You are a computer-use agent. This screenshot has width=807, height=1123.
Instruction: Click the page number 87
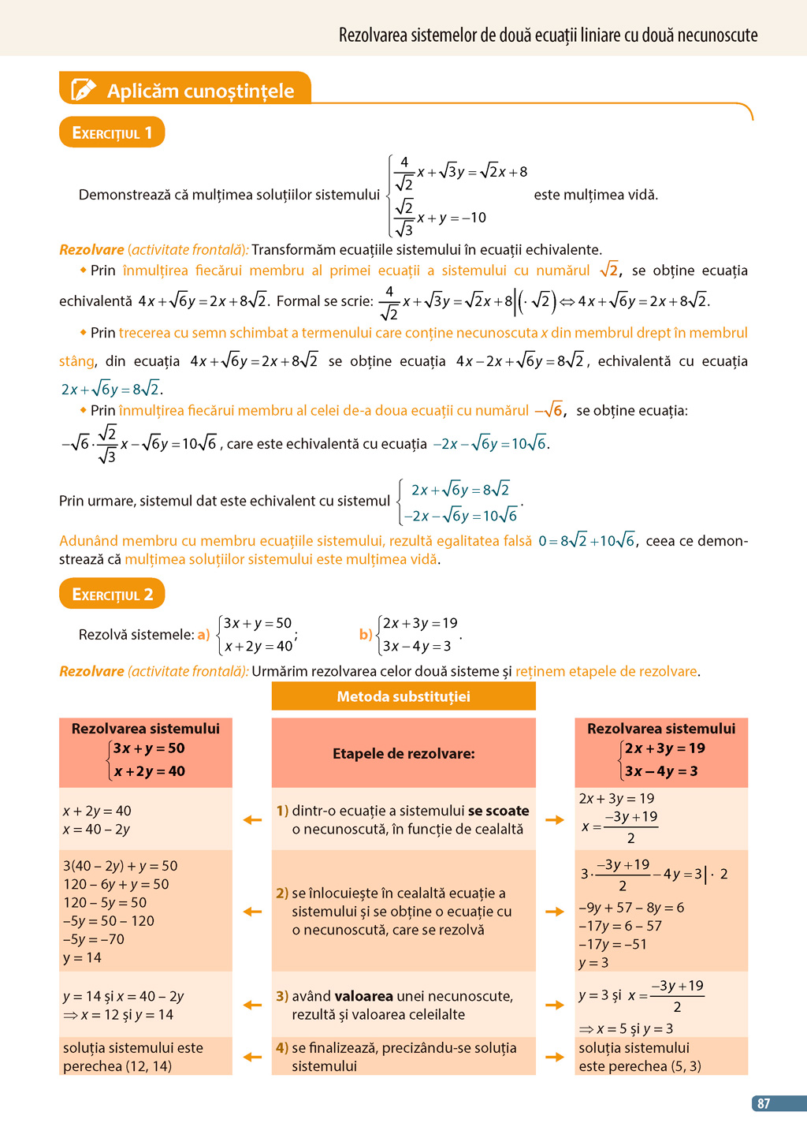click(x=763, y=1103)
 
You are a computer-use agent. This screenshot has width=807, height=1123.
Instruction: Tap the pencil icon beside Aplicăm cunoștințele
click(x=84, y=90)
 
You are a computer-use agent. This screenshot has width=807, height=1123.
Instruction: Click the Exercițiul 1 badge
click(x=112, y=132)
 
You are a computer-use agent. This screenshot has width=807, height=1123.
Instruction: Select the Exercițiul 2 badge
click(x=112, y=594)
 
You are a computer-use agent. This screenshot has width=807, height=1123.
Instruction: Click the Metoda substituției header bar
click(x=403, y=696)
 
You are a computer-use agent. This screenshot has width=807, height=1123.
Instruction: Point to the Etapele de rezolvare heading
click(x=403, y=753)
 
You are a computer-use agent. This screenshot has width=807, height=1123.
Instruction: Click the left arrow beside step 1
click(x=252, y=820)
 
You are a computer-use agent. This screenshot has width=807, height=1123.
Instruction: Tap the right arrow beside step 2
click(x=555, y=912)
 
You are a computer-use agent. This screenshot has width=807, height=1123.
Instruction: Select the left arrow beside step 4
click(x=252, y=1057)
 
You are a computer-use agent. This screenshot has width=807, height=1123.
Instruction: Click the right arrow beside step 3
click(x=555, y=1005)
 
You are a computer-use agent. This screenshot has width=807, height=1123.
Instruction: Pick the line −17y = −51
click(x=612, y=944)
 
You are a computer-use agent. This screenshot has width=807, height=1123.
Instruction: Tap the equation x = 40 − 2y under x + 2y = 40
click(x=96, y=830)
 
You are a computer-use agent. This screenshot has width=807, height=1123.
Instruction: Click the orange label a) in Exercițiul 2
click(x=203, y=635)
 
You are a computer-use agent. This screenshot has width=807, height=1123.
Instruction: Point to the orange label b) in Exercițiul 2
click(x=366, y=635)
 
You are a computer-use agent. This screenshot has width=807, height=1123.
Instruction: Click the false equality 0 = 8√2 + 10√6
click(x=587, y=541)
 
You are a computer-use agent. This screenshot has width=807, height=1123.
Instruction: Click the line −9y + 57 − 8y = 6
click(x=631, y=908)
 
